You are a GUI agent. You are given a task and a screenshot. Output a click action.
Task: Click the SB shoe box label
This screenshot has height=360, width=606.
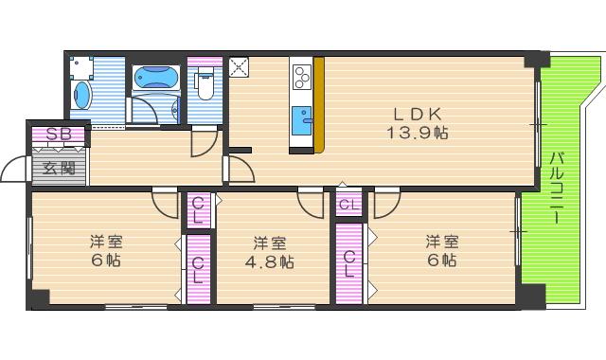coord(58,135)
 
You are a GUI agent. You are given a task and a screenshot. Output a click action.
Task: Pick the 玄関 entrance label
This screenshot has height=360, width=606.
coord(58,170)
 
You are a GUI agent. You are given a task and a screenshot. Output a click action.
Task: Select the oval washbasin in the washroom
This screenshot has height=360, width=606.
coord(81,96)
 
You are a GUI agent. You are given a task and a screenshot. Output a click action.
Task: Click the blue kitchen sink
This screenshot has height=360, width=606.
coord(303,117)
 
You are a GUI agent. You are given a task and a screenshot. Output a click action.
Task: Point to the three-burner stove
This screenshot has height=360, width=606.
coord(303,74)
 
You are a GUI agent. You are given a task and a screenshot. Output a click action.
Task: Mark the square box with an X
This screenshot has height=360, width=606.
coord(238,67)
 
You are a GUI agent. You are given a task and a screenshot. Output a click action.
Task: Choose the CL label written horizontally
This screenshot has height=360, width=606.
coord(348,205)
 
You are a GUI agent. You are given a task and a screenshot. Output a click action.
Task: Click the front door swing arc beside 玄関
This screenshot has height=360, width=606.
coord(15,171)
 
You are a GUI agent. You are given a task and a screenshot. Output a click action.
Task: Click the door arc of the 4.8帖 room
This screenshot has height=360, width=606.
coord(310,202)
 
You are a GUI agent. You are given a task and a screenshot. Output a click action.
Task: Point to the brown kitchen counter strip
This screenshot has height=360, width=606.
coord(319,104)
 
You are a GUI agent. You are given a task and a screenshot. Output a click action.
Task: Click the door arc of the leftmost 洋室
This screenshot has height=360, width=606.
coord(165,203)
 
